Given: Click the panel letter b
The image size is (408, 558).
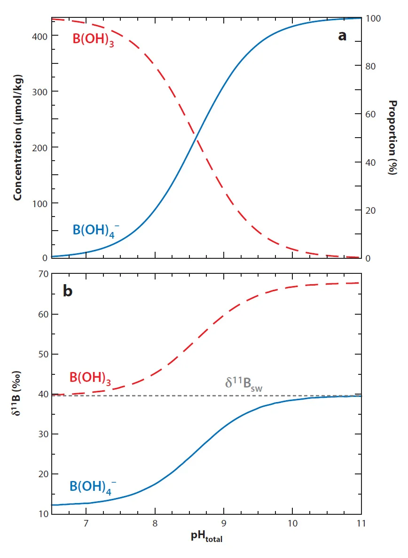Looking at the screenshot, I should point(68,291).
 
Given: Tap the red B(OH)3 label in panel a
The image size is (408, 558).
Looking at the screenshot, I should point(94,39).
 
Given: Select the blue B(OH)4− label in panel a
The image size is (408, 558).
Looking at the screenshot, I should point(96,230).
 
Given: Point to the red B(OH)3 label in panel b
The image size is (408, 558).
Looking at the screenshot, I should point(90,378).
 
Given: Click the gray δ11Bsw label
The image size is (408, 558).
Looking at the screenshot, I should point(243,383).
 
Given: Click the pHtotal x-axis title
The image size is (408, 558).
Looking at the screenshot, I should point(206,537).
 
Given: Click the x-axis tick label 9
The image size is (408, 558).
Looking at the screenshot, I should point(224,523).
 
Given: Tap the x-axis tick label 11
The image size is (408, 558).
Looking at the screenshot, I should point(361,523).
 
